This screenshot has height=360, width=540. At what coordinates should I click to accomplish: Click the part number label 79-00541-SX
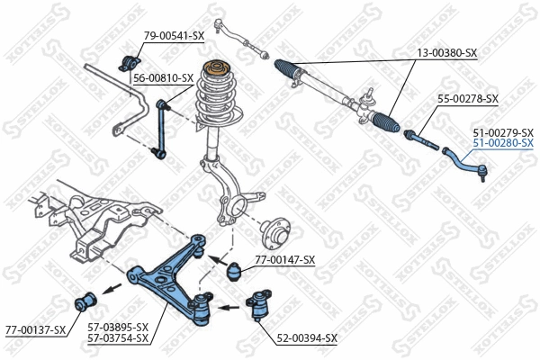[x=174, y=36]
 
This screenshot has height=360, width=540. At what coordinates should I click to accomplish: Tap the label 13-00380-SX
[x=446, y=54]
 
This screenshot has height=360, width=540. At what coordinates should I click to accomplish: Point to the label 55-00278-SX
[x=467, y=98]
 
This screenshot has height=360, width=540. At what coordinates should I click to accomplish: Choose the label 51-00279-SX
[x=503, y=132]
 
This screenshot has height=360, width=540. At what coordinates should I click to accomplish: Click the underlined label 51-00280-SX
[x=503, y=143]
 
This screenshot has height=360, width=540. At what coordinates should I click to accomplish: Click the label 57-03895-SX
[x=117, y=328]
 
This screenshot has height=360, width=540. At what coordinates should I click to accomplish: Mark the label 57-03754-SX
[x=117, y=338]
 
